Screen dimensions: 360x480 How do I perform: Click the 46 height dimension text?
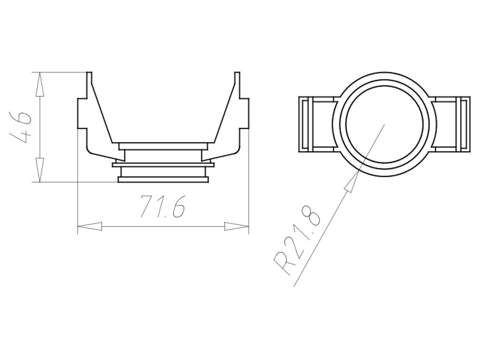pos(20,127)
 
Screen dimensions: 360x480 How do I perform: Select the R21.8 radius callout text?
pos(297,240)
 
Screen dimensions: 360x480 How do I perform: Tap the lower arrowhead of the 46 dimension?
pos(40,169)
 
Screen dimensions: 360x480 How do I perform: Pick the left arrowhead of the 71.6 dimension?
pos(89,226)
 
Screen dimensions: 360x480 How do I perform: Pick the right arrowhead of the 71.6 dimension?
pos(237,226)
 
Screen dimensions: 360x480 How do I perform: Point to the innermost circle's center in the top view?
pos(384,124)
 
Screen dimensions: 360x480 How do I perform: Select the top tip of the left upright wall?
pos(89,73)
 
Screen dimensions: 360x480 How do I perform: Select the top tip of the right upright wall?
pos(237,73)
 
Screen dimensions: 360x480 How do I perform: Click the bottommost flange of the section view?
pos(163,179)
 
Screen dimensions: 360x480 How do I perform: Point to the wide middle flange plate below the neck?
pos(163,165)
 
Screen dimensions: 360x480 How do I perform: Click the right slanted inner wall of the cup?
pos(224,114)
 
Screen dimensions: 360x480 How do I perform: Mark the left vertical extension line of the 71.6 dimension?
pos(78,195)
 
